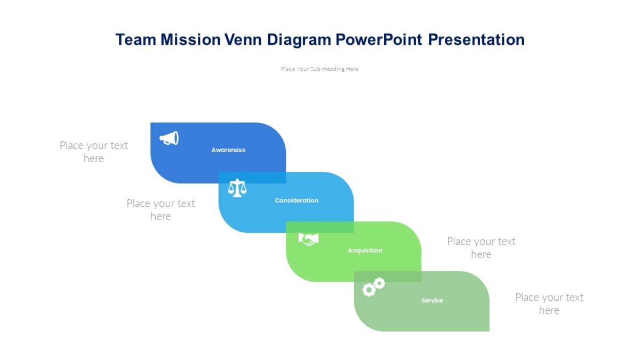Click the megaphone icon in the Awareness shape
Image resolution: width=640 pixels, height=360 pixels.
point(169,138)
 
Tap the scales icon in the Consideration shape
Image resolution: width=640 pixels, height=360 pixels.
point(237,188)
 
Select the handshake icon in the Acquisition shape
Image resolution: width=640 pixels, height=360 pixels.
point(308,239)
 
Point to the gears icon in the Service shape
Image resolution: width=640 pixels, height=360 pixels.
point(374,287)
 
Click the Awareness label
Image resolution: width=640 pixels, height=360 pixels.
point(228,150)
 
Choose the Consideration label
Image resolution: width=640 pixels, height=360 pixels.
point(297,201)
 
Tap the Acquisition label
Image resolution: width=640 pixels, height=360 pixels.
point(365,251)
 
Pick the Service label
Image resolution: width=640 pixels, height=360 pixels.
point(432,300)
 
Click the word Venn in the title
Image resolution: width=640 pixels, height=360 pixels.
point(243,39)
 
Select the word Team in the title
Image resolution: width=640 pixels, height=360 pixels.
point(135,39)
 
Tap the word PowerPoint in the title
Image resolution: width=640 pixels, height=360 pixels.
point(379,39)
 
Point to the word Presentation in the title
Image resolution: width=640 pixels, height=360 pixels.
point(476,39)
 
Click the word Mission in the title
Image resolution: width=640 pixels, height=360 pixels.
point(190,39)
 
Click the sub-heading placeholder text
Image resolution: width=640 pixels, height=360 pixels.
point(319,69)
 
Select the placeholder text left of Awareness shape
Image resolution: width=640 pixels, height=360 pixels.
point(94,151)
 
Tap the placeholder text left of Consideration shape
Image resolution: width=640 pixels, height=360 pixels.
point(161,210)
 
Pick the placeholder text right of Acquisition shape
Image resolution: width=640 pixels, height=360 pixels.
point(481,247)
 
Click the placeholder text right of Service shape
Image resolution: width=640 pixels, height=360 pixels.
point(549,303)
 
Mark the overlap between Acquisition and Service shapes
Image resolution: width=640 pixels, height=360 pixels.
point(388,277)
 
